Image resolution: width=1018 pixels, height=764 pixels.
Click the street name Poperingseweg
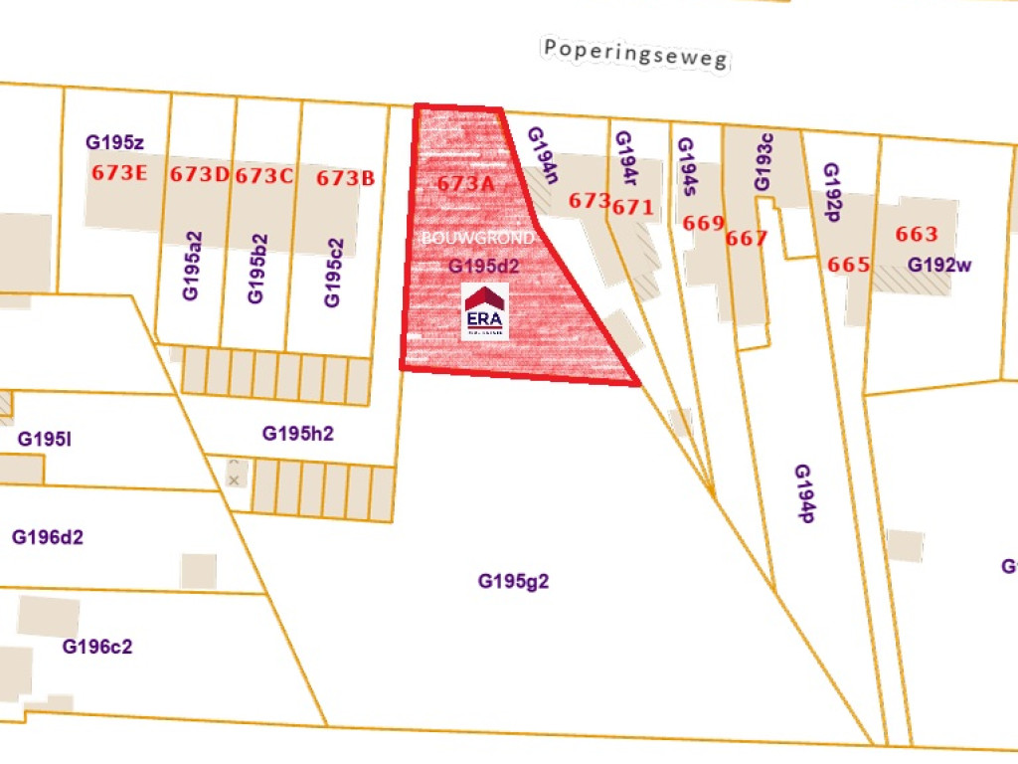636,54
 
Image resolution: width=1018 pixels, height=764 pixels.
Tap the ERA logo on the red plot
485,311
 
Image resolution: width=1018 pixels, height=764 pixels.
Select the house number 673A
465,184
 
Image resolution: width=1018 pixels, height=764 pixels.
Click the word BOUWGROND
478,240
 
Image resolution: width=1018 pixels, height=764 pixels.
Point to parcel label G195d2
484,267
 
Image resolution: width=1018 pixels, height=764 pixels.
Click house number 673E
119,173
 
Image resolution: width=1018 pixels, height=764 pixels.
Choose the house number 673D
200,175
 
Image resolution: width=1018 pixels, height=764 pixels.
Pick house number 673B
346,179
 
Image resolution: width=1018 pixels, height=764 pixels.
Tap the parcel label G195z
115,142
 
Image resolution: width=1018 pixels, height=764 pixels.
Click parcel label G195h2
297,434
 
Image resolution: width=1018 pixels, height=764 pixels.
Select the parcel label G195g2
514,581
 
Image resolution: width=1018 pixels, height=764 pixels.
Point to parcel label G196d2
48,537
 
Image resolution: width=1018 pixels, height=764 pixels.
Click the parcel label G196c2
97,647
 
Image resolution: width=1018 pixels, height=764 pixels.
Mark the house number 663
917,235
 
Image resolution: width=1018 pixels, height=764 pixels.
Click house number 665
849,266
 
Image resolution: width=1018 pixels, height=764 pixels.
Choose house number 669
704,223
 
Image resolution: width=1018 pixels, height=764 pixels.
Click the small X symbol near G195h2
235,479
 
